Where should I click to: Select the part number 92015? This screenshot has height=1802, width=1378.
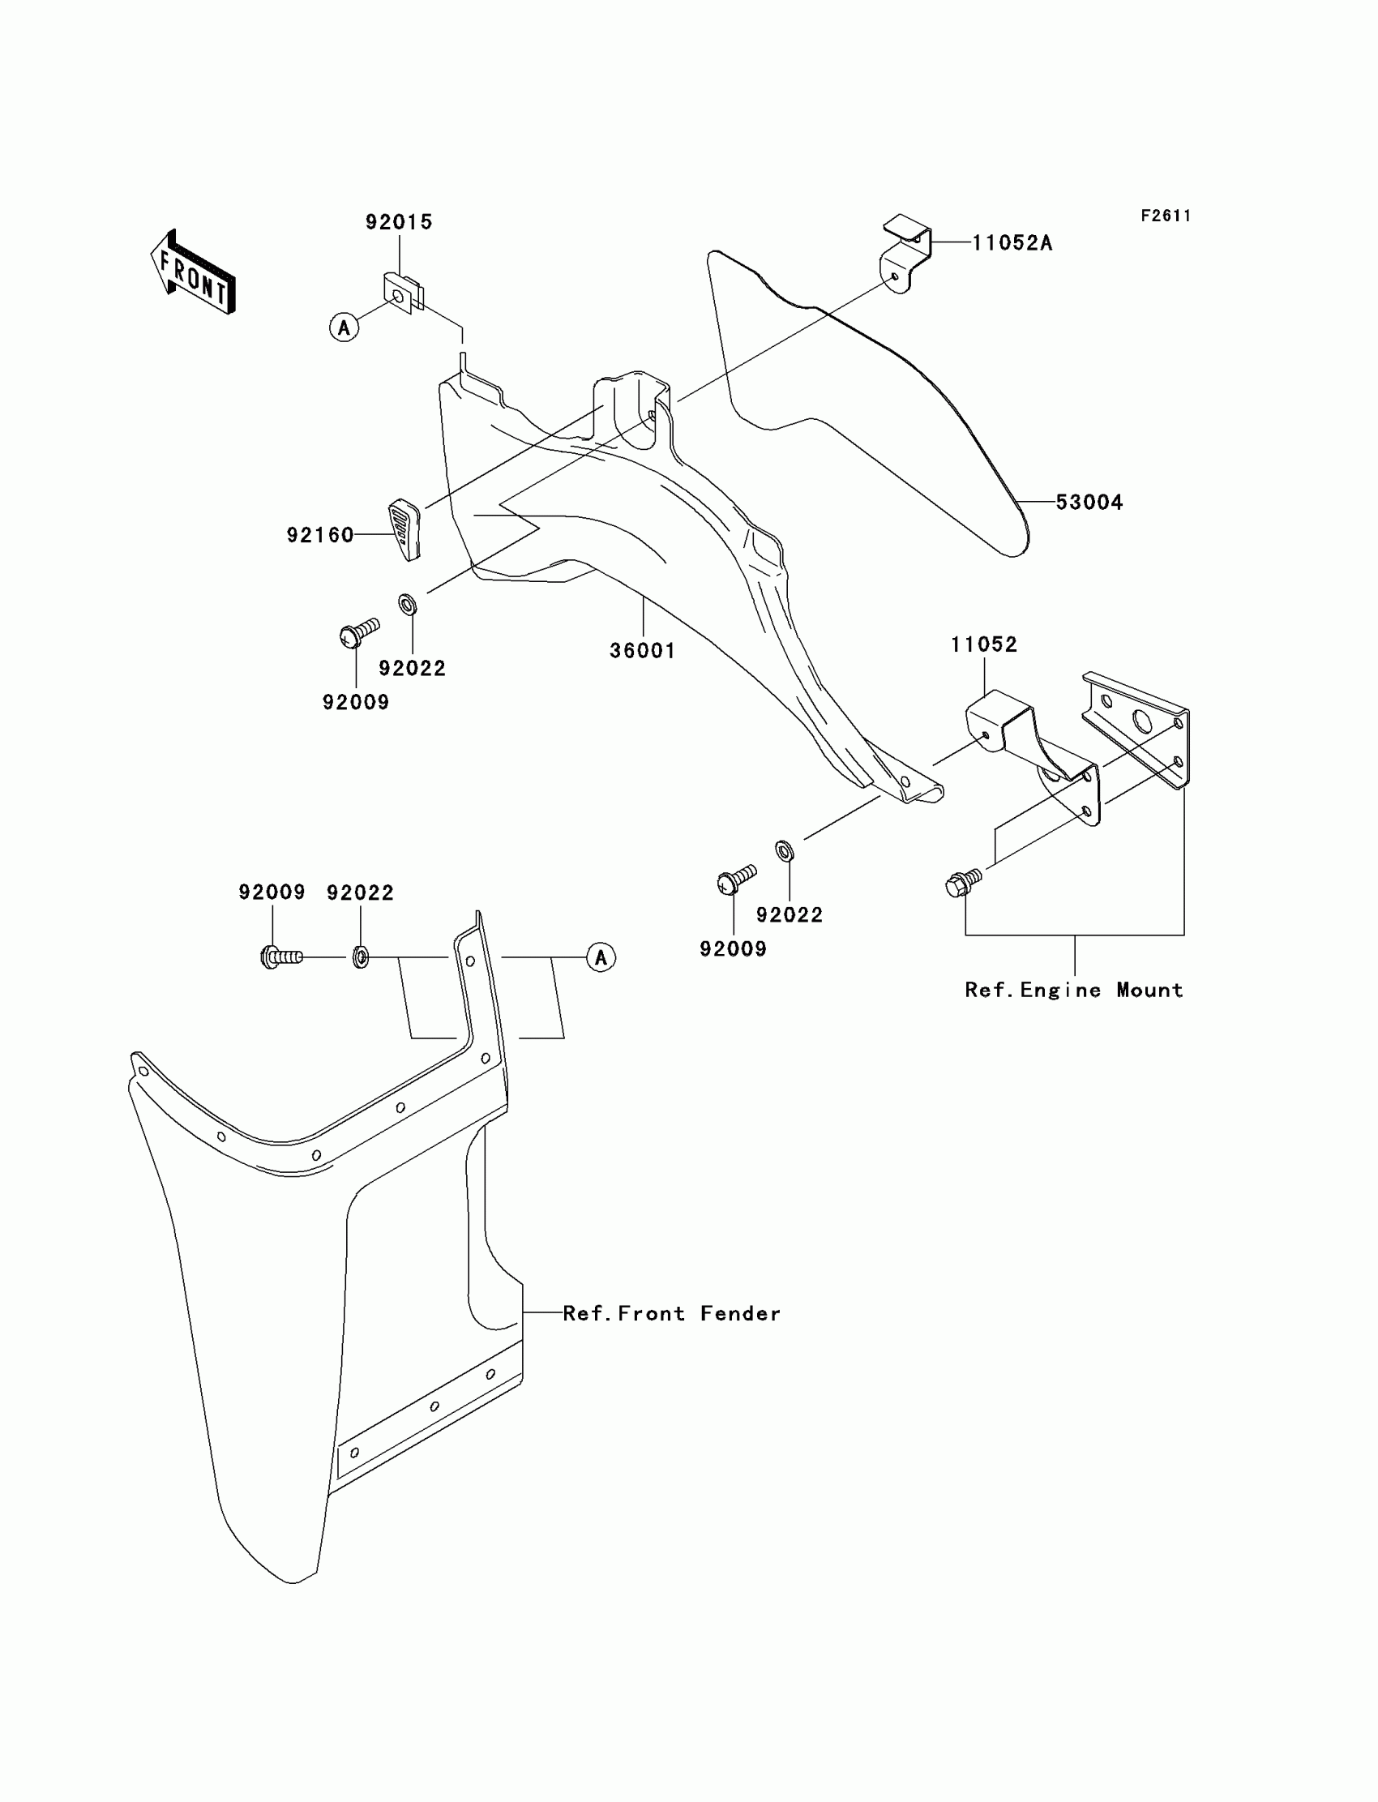click(399, 222)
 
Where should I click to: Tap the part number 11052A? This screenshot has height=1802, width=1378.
click(1012, 244)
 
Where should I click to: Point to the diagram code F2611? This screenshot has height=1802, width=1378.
click(1166, 216)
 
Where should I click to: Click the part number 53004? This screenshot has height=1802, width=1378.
click(1089, 502)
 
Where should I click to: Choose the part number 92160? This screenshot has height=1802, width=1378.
click(320, 535)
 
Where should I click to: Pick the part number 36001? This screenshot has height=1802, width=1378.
click(642, 650)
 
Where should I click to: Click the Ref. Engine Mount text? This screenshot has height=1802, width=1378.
click(1074, 990)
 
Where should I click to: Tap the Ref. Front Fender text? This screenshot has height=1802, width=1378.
click(671, 1313)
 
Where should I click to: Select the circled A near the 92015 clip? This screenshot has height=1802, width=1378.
click(344, 327)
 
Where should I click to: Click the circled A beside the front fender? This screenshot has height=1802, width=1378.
click(601, 957)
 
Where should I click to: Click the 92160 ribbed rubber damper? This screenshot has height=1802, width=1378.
click(404, 529)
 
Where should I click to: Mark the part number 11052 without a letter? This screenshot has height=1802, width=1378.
click(983, 644)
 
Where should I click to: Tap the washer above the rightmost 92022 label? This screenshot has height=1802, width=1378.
click(784, 850)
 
